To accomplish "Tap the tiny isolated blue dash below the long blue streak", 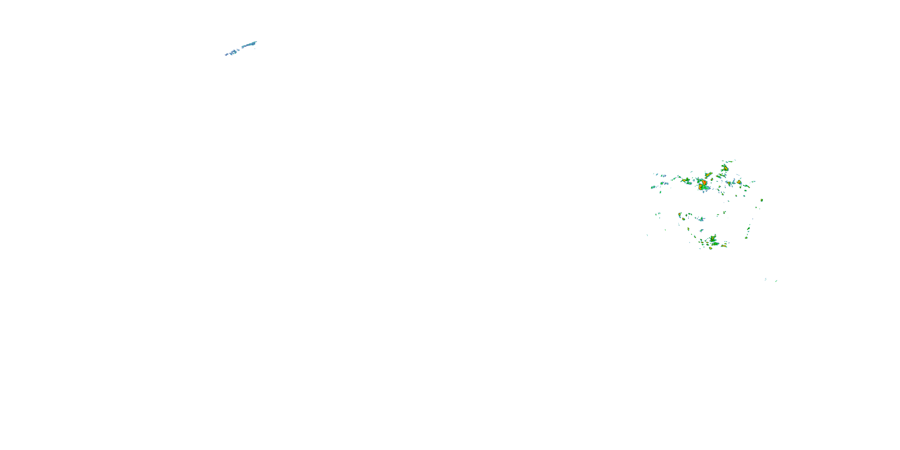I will (255, 49).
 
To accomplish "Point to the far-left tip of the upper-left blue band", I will (226, 55).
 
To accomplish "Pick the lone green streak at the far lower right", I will (776, 281).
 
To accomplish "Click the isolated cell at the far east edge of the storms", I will (762, 200).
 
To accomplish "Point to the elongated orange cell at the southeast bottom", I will (724, 246).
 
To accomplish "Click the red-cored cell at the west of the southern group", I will (679, 214).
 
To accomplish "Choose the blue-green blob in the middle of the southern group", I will (701, 219).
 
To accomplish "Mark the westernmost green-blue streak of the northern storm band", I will (652, 187).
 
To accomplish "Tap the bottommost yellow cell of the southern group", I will (711, 248).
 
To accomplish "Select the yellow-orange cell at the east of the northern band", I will (739, 182).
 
